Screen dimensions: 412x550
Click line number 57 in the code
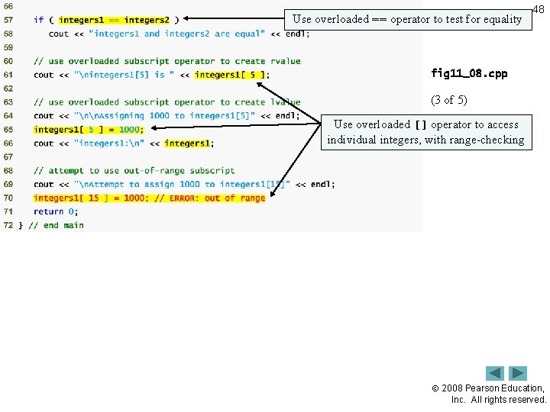point(8,20)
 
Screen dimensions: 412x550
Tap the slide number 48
point(538,9)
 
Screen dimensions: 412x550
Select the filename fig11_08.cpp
point(469,74)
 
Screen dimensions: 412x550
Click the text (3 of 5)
point(448,100)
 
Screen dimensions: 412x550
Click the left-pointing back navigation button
point(495,373)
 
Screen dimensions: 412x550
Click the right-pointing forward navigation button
point(518,373)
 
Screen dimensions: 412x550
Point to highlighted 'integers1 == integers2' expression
point(114,20)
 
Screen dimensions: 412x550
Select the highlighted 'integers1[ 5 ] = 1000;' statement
point(89,130)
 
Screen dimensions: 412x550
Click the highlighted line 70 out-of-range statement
point(149,198)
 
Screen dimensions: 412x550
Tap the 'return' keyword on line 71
point(48,211)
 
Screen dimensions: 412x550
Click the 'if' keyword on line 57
point(38,20)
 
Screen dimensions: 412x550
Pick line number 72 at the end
point(8,225)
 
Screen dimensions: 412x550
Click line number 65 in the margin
point(8,130)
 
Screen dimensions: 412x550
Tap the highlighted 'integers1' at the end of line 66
point(187,143)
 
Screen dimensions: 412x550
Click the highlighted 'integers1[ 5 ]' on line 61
point(230,75)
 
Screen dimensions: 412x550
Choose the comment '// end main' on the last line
point(56,225)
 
